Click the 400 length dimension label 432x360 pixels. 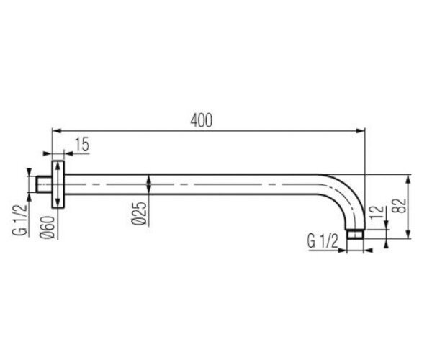pos(202,120)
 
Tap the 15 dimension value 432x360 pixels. pos(82,145)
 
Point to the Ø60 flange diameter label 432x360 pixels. pos(48,228)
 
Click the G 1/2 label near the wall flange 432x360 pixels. pos(20,220)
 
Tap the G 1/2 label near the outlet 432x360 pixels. pos(323,242)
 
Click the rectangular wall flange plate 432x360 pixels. pos(58,184)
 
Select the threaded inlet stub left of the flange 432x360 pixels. pos(44,184)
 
